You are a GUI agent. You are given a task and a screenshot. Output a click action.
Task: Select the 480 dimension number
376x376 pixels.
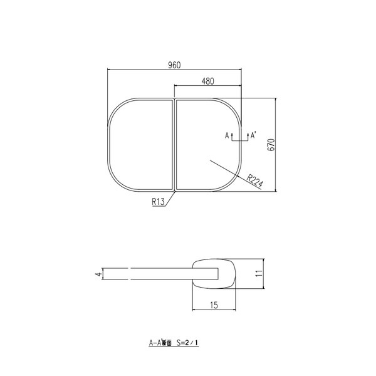[x=209, y=80]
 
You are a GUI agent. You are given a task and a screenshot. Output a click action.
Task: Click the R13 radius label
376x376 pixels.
[x=158, y=201]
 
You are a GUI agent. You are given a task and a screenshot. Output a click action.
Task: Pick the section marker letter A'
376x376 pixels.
[x=252, y=135]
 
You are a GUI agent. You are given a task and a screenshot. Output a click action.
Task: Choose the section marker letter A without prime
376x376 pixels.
[x=227, y=135]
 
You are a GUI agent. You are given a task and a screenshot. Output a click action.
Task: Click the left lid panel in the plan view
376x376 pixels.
[x=140, y=144]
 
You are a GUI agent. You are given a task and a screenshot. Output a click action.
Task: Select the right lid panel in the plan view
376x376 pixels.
[x=201, y=125]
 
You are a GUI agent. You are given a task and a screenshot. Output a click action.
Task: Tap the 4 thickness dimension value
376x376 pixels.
[x=97, y=273]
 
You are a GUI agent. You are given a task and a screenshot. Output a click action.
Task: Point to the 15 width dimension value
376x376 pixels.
[x=214, y=305]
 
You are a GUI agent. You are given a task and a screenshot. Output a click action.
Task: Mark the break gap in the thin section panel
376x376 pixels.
[x=128, y=273]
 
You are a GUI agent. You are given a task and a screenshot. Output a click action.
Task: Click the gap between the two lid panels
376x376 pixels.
[x=174, y=144]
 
